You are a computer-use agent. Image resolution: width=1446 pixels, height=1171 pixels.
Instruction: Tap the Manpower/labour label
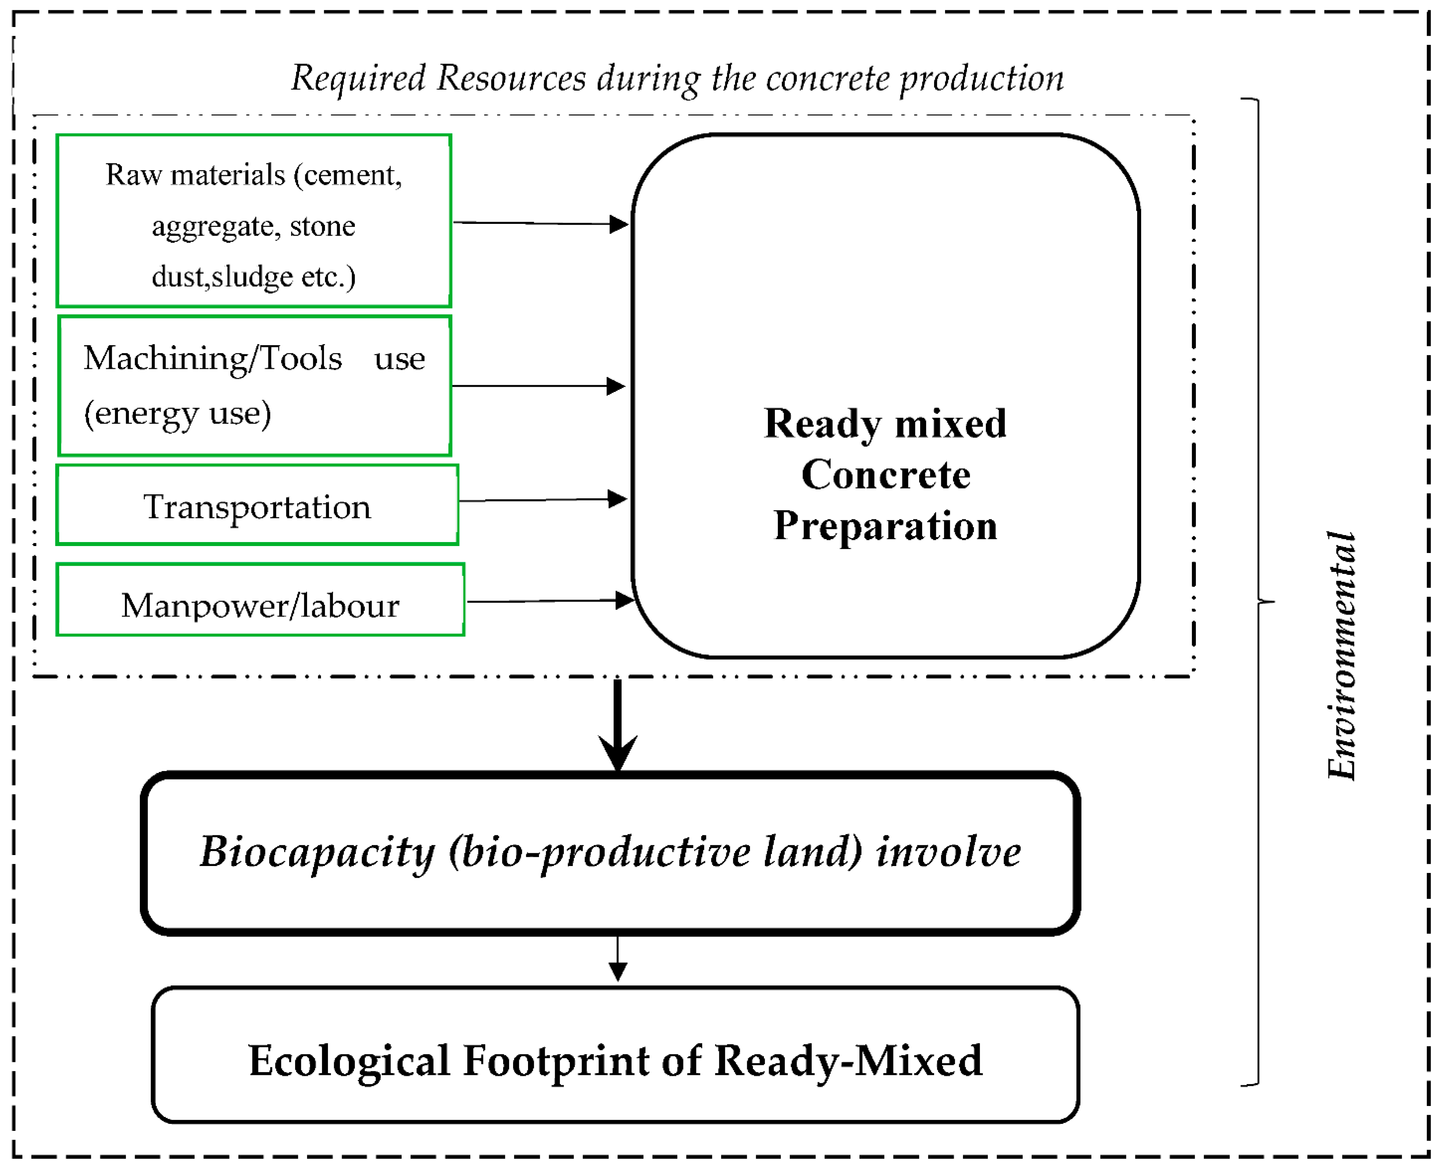tap(260, 605)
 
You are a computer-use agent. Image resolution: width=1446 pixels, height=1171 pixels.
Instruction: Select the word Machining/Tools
tap(213, 358)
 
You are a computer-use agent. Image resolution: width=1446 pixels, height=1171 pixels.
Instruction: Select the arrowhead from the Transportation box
tap(617, 499)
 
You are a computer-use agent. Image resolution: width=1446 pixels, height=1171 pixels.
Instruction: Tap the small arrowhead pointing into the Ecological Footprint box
tap(618, 971)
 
